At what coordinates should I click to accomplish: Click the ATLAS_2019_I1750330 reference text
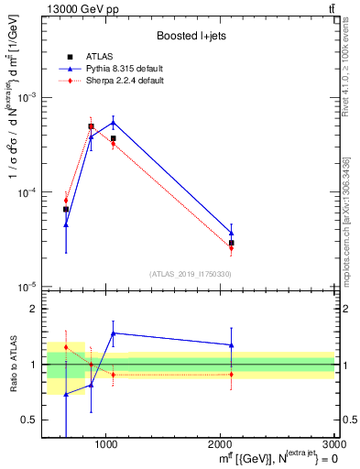(191, 274)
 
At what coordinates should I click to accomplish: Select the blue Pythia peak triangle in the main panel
(113, 122)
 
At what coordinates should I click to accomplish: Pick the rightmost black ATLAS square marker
(232, 243)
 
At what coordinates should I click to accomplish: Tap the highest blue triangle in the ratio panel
(113, 333)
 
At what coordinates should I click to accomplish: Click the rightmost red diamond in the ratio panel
(232, 374)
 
